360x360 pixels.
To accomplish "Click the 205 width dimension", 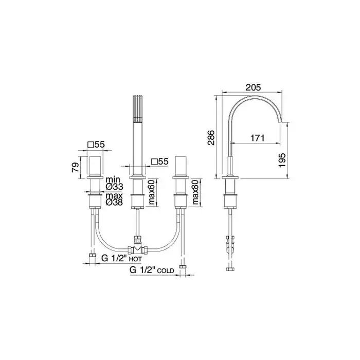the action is tap(253, 87).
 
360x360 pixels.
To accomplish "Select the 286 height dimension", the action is tap(211, 138).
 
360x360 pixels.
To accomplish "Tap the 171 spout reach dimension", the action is tap(257, 138).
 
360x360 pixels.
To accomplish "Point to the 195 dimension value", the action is tap(282, 160).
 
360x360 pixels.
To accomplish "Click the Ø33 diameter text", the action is tap(114, 187).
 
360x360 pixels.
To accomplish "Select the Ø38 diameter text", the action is tap(114, 202).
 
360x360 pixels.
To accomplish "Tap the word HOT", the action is tap(135, 259).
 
